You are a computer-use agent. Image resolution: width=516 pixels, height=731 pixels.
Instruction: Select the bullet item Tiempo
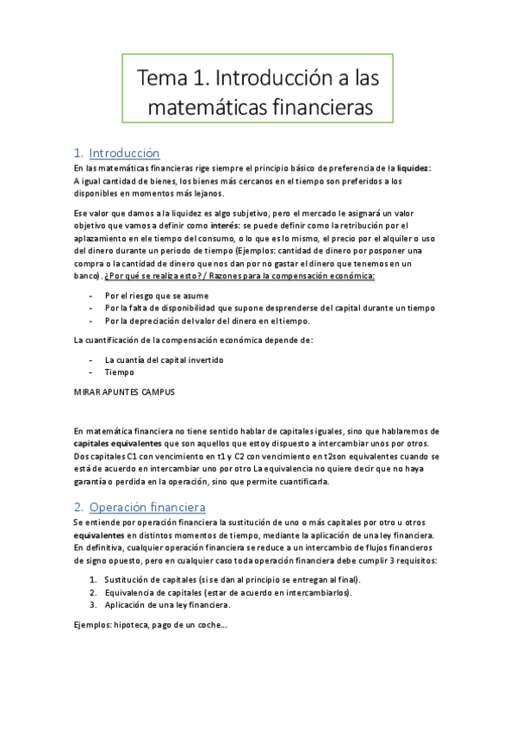(x=119, y=372)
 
